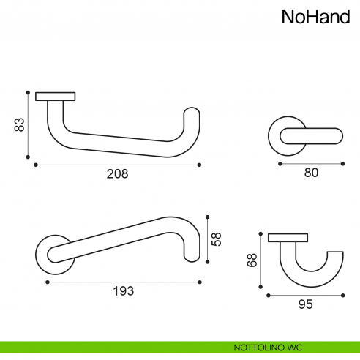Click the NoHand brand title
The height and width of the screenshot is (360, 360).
click(316, 17)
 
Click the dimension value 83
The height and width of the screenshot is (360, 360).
click(20, 124)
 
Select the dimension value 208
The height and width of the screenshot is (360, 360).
click(117, 174)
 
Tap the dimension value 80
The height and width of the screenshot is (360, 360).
click(311, 173)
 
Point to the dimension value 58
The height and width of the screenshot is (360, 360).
click(217, 239)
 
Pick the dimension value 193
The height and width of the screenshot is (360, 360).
click(124, 291)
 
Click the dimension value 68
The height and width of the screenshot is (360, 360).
click(252, 260)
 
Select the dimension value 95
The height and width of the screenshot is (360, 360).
click(306, 304)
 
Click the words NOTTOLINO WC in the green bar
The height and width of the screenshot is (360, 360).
click(268, 348)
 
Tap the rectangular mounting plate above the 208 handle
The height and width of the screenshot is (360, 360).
click(56, 97)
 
